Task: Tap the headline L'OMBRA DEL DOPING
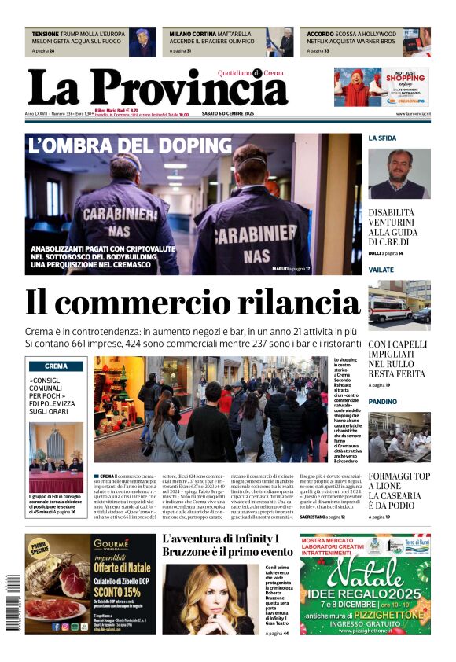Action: tap(130, 145)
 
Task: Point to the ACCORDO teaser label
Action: tap(320, 35)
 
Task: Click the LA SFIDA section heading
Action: tap(383, 138)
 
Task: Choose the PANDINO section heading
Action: tap(383, 401)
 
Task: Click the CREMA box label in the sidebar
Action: tap(56, 366)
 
